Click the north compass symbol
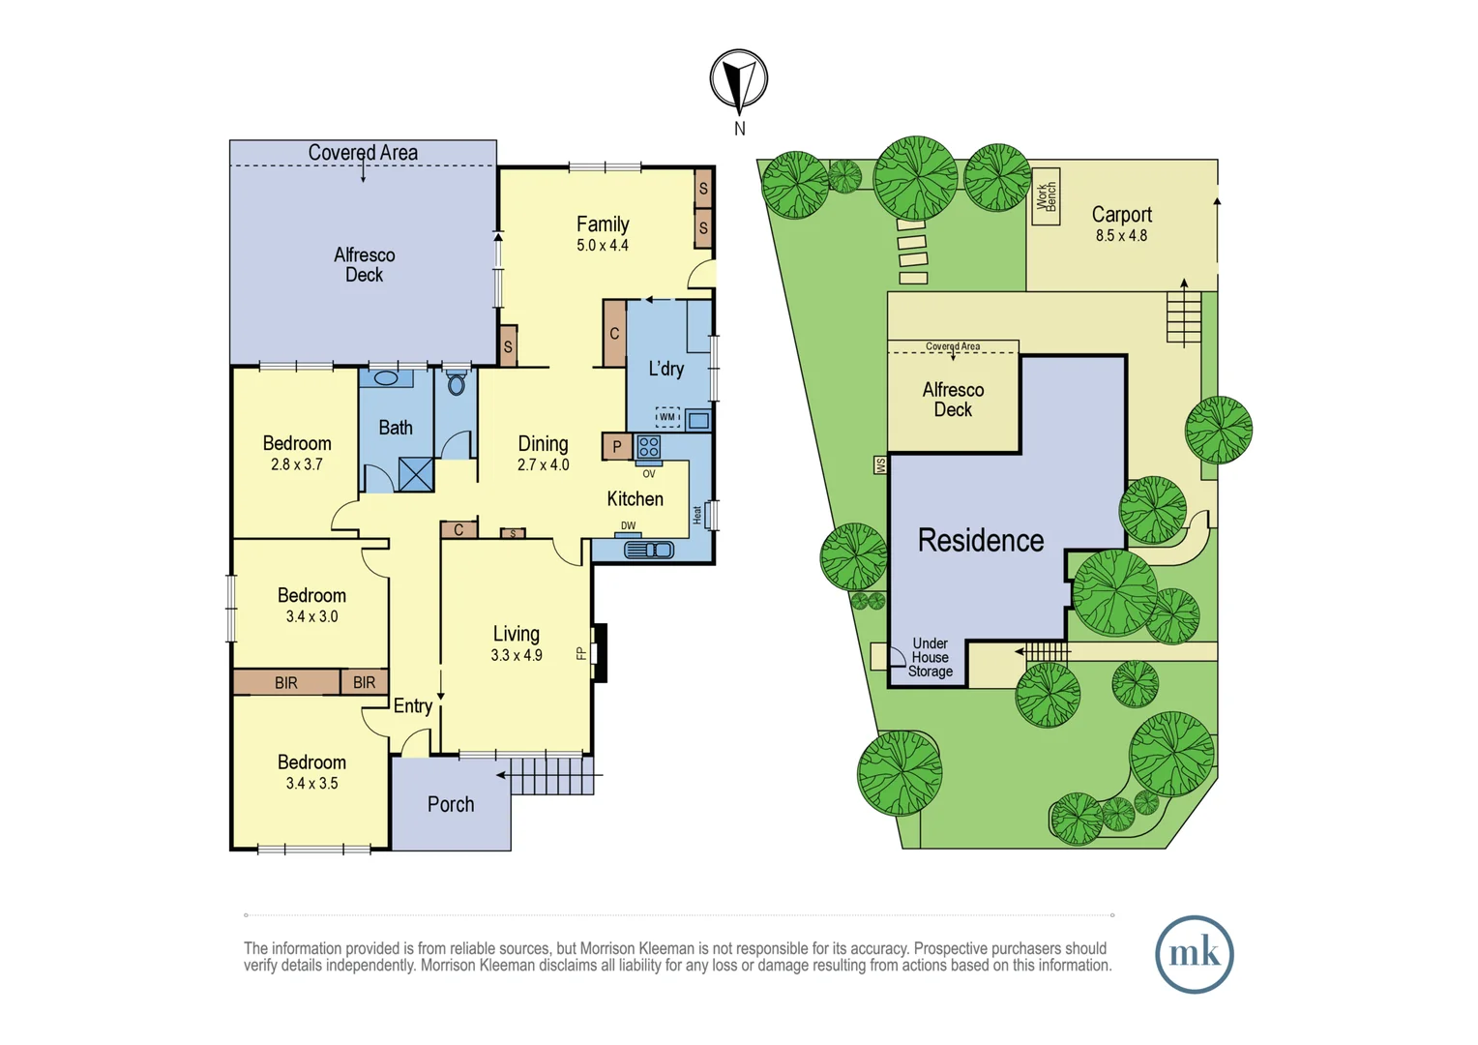pos(739,78)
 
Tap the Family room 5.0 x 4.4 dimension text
pos(603,246)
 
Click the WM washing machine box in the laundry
pos(667,416)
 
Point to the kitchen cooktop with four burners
pos(648,447)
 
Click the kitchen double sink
pos(649,550)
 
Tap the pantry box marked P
pos(617,447)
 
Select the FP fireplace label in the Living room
pos(581,653)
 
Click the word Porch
pos(451,804)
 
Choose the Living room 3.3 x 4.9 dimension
pos(516,655)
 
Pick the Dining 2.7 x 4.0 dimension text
pos(543,464)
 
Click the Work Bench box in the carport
pos(1046,196)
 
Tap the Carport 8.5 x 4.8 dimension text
pos(1122,236)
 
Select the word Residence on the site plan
pos(981,540)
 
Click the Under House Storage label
pos(931,658)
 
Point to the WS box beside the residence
pos(880,465)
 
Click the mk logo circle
pos(1195,955)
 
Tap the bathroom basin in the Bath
pos(386,378)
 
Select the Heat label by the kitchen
pos(697,515)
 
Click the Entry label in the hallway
pos(413,706)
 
